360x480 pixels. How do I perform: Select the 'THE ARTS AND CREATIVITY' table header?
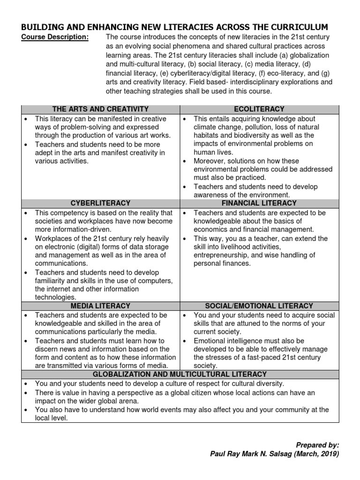tap(100, 109)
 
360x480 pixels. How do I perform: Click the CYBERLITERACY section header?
tap(100, 203)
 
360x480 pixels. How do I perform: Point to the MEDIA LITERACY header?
tap(100, 306)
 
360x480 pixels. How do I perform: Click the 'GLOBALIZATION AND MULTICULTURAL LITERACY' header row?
tap(180, 374)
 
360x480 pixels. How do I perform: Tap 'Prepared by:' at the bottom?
tap(317, 445)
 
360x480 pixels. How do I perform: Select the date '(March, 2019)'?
tap(316, 454)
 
